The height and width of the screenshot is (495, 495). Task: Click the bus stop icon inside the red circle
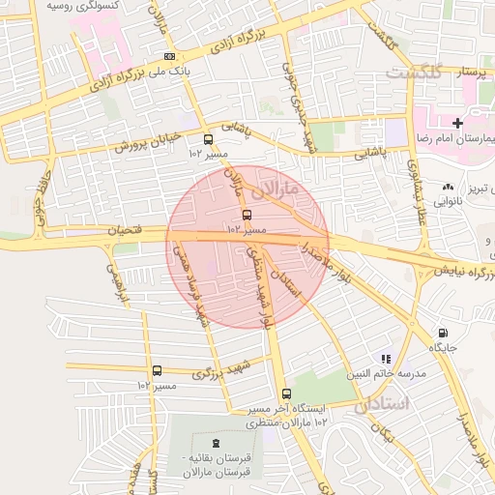pos(247,214)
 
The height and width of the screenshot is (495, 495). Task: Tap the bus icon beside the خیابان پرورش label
pos(208,138)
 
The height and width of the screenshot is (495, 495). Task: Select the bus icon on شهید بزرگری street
pos(157,370)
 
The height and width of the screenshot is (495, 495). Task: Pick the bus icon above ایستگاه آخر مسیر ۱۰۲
pos(286,393)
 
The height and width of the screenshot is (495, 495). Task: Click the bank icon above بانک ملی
pos(170,56)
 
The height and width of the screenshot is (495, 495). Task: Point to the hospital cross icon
pos(458,123)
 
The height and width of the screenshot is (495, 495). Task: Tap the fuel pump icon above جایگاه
pos(443,332)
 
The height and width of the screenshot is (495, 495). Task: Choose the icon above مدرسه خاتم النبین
pos(386,359)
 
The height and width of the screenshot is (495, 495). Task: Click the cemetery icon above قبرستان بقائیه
pos(214,442)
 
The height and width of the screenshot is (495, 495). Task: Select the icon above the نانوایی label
pos(447,188)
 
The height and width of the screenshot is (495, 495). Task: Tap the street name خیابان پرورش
pos(149,143)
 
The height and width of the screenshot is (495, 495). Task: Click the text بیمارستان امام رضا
pos(453,140)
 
